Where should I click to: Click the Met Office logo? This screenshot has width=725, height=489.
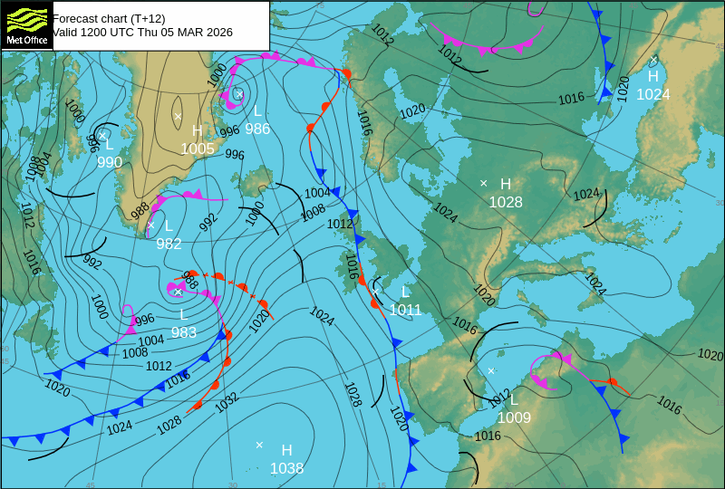point(26,25)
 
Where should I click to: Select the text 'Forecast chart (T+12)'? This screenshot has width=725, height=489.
point(109,18)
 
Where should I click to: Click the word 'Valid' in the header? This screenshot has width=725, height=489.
point(66,33)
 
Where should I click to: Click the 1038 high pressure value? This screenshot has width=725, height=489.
point(286,468)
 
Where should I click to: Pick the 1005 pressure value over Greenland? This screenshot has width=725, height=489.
point(198,149)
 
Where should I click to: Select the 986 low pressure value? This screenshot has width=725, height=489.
point(257,129)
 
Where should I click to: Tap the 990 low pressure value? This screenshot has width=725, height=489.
point(110,162)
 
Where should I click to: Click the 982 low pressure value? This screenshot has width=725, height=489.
point(169,244)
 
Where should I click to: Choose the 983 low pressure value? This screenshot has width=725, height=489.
point(184,332)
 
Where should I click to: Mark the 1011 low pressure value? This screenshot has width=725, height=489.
point(405,310)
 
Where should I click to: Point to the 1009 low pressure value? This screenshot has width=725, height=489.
point(514,417)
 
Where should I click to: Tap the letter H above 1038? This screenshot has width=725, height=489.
point(286,450)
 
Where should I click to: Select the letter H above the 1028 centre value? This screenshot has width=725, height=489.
point(506,184)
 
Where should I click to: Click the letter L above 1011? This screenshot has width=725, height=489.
point(405,292)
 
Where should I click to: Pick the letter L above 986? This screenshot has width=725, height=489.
point(257,110)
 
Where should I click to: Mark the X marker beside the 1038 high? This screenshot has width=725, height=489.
point(259,445)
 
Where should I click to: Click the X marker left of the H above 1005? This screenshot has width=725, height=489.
point(178,116)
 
